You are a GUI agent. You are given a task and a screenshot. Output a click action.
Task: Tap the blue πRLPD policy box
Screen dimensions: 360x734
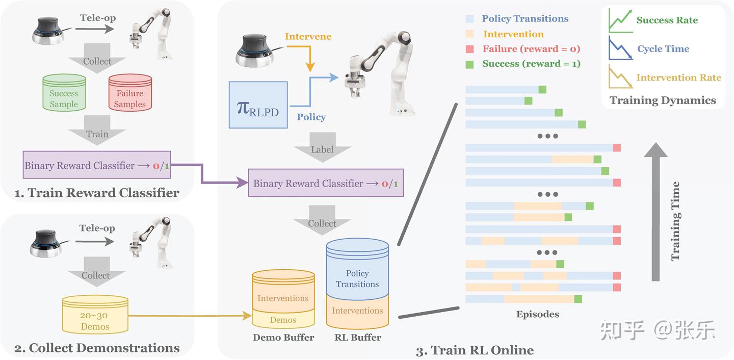(258, 105)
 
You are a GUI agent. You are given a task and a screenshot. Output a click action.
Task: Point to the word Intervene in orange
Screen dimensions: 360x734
(308, 37)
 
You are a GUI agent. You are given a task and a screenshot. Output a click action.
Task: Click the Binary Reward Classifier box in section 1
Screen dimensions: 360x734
(97, 165)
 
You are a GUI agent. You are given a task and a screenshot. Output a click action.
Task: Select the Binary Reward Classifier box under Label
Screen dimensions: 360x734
(326, 183)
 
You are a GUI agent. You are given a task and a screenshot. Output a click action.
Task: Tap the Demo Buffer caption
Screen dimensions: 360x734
(283, 338)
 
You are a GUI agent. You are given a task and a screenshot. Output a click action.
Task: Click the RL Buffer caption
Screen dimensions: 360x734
(357, 338)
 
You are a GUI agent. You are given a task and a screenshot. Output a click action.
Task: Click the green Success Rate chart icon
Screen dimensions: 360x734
(620, 21)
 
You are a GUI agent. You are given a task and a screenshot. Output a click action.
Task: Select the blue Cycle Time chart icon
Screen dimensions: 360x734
(620, 48)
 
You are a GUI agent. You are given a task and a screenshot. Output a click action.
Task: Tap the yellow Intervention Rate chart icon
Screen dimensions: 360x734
(620, 77)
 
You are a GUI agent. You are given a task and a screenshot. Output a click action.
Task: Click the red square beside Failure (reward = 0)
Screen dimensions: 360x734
(470, 49)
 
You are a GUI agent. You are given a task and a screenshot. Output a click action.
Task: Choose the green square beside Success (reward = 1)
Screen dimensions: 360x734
(470, 64)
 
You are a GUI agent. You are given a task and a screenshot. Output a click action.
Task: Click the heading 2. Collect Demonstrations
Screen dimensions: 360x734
(97, 348)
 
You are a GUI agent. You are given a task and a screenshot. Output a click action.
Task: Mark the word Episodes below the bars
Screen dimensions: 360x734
(537, 314)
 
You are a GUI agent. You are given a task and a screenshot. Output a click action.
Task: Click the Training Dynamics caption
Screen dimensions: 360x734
(663, 100)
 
